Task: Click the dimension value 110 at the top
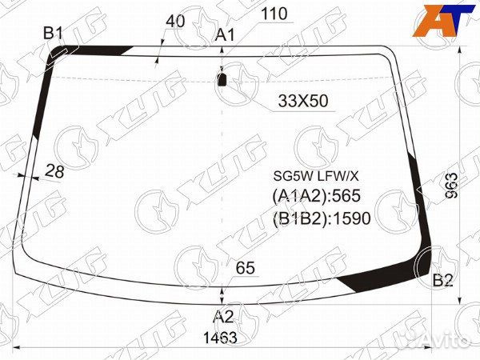[274, 14]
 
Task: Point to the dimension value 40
[175, 22]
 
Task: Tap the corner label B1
[53, 33]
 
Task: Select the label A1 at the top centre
[225, 35]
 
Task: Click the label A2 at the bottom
[223, 317]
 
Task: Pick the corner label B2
[442, 280]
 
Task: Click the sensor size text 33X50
[303, 101]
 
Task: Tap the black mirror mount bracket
[222, 80]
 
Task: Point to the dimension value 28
[54, 171]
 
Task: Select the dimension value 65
[246, 268]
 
